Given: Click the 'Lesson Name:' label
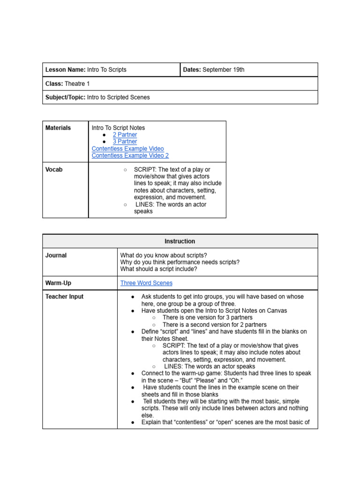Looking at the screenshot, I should [65, 70].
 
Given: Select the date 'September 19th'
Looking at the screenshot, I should [223, 70].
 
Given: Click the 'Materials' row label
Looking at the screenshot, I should [58, 128].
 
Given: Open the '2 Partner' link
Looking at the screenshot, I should [125, 135].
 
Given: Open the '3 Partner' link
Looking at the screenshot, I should [125, 142].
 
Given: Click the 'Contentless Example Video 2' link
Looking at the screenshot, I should [130, 156].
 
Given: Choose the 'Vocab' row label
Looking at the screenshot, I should [54, 170].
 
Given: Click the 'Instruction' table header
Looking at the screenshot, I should [180, 241].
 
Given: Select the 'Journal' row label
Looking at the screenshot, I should [56, 255].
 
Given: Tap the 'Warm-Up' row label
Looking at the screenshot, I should [58, 283].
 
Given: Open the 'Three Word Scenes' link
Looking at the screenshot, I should [146, 283].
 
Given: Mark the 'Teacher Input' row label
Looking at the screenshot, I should [64, 297].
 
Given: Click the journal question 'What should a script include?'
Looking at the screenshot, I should [158, 269].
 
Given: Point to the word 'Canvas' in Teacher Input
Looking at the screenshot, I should [277, 311].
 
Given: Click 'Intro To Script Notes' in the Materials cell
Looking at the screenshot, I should [118, 128].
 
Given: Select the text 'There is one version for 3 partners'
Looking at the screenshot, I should [207, 318].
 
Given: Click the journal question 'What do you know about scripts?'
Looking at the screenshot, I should [164, 255].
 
